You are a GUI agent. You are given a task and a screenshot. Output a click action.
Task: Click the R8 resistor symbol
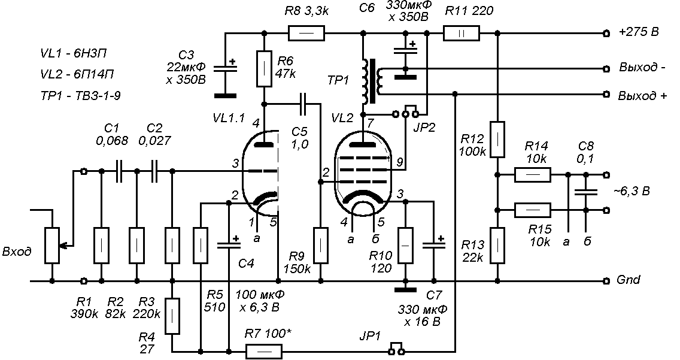click(306, 33)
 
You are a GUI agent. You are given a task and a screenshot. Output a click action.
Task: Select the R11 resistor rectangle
click(461, 33)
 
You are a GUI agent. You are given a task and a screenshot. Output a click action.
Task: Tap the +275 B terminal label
click(639, 32)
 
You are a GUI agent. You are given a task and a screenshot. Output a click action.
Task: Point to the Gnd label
click(629, 280)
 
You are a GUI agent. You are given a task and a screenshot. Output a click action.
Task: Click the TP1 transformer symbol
click(372, 81)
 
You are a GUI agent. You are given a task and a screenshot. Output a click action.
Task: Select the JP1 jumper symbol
click(397, 347)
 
